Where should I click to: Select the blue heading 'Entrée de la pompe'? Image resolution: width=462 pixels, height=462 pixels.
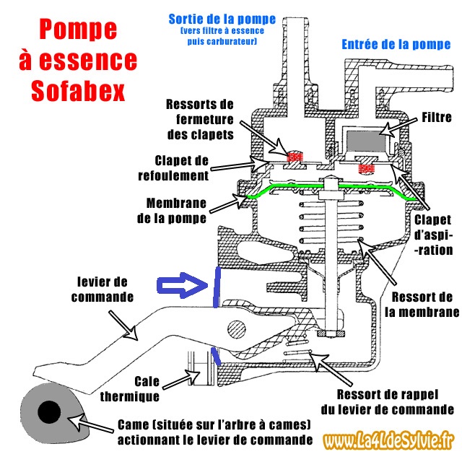point(395,45)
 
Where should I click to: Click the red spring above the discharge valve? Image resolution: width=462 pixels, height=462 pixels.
point(294,156)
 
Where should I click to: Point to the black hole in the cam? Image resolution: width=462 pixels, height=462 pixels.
point(49,412)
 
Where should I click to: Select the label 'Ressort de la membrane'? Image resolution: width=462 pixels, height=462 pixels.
point(424,305)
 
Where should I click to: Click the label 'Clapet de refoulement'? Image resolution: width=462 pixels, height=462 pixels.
point(181,167)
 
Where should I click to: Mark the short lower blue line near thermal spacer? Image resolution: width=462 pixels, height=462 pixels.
point(214,355)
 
